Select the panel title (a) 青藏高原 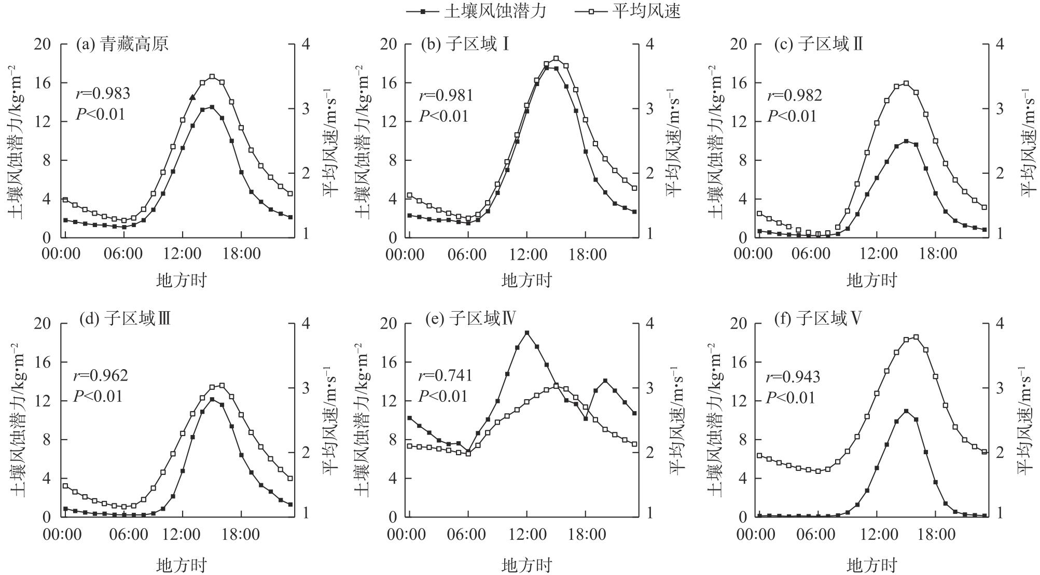point(122,45)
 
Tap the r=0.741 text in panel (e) point(446,375)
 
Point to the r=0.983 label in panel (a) point(103,93)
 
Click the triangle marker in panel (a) point(192,97)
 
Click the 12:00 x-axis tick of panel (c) point(876,255)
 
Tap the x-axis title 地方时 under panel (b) point(526,281)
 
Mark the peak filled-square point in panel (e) point(527,333)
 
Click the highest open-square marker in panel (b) point(556,59)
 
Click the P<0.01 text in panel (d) point(98,397)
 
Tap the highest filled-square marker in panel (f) point(906,411)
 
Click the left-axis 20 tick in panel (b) point(388,44)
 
